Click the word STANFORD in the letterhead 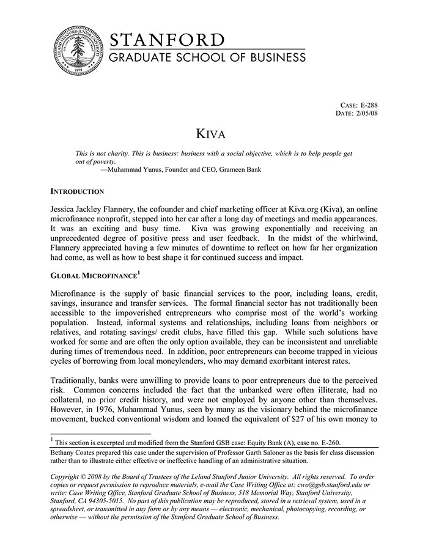[x=167, y=40]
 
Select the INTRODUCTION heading [x=77, y=191]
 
